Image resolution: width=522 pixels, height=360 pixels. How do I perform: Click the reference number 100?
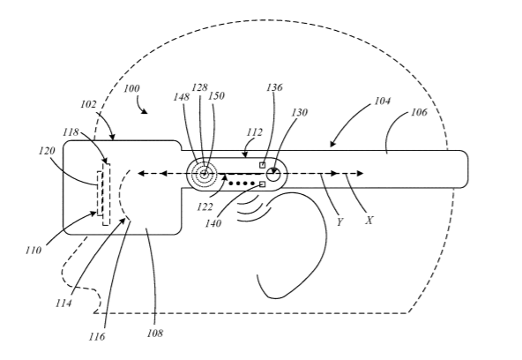132,88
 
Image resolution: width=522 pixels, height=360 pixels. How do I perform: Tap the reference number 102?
88,105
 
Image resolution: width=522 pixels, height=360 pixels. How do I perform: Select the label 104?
383,101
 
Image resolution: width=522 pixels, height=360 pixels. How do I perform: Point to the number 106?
419,112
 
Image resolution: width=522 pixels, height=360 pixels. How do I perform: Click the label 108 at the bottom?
155,333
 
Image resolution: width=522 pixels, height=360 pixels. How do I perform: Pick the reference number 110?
34,250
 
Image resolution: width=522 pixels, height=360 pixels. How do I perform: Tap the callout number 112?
255,132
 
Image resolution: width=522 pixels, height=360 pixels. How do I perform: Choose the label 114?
63,304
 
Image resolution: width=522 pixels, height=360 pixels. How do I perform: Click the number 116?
97,337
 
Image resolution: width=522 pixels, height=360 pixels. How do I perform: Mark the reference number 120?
47,151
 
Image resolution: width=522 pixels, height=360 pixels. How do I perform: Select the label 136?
274,87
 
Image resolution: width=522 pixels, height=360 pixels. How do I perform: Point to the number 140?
213,223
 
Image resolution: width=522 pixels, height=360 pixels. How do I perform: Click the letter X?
369,221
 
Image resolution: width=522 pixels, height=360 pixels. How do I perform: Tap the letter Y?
339,222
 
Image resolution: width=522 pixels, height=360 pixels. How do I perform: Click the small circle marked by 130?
273,174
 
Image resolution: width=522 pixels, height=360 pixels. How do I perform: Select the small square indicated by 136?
263,165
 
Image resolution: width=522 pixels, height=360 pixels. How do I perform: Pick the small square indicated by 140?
263,184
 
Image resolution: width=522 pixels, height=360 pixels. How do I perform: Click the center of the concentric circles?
205,174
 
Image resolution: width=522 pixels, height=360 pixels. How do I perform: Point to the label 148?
182,97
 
